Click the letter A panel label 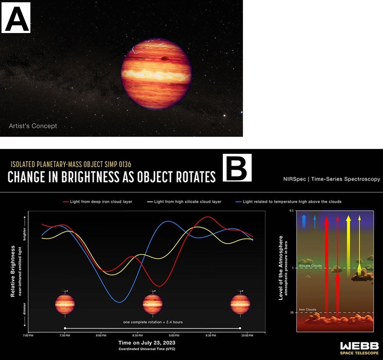coord(16,17)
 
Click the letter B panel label coord(237,167)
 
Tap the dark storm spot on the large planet coord(165,58)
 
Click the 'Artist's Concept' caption coord(33,126)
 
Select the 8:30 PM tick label coord(137,336)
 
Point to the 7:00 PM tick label coord(28,336)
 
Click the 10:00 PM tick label coord(247,336)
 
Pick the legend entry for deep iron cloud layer coord(98,202)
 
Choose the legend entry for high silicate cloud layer coord(184,202)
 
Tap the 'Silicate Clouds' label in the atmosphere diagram coord(310,266)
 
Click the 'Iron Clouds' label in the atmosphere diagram coord(307,309)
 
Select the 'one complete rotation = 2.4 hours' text coord(153,322)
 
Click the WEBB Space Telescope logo coord(359,348)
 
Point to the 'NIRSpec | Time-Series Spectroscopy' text coord(331,179)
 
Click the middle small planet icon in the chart coord(153,304)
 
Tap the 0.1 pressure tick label coord(292,211)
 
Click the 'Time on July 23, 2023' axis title coord(147,343)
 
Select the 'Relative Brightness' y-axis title coord(13,271)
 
